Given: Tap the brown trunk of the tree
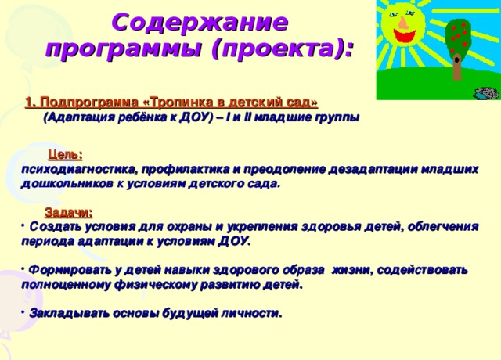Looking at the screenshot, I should tap(456, 69).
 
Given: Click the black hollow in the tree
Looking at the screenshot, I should tap(456, 56).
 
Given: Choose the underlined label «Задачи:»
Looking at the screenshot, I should tap(69, 211).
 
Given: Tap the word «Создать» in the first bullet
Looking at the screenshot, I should tap(56, 226).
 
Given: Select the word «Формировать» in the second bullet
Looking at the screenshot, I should tap(71, 269).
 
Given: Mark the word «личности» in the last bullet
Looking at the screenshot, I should tap(250, 313).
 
